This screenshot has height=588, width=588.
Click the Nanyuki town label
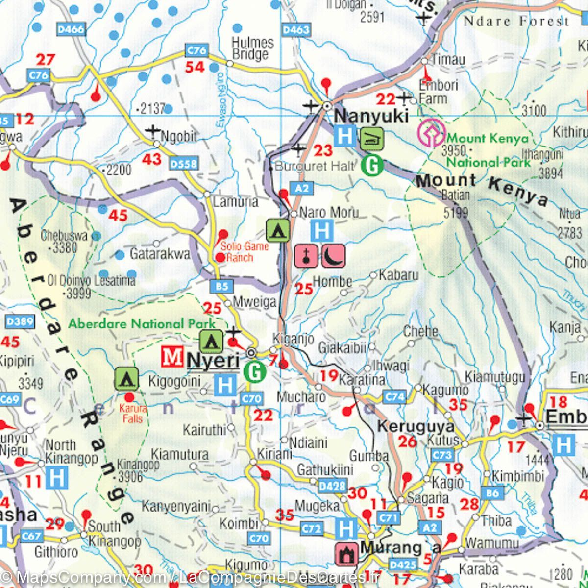point(370,116)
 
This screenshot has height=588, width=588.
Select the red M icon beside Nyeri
point(172,357)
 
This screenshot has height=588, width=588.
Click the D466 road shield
point(71,29)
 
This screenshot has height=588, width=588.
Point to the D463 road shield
point(296,30)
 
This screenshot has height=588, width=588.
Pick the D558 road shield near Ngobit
point(183,164)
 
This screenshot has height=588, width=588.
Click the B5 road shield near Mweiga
point(222,286)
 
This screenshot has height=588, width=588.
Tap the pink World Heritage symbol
point(430,133)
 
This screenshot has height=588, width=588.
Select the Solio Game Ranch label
point(237,252)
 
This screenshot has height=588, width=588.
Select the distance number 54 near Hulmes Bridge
point(195,67)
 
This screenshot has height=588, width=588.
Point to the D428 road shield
point(332,487)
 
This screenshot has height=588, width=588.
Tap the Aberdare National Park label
point(142,324)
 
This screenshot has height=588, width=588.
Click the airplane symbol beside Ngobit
point(153,131)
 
